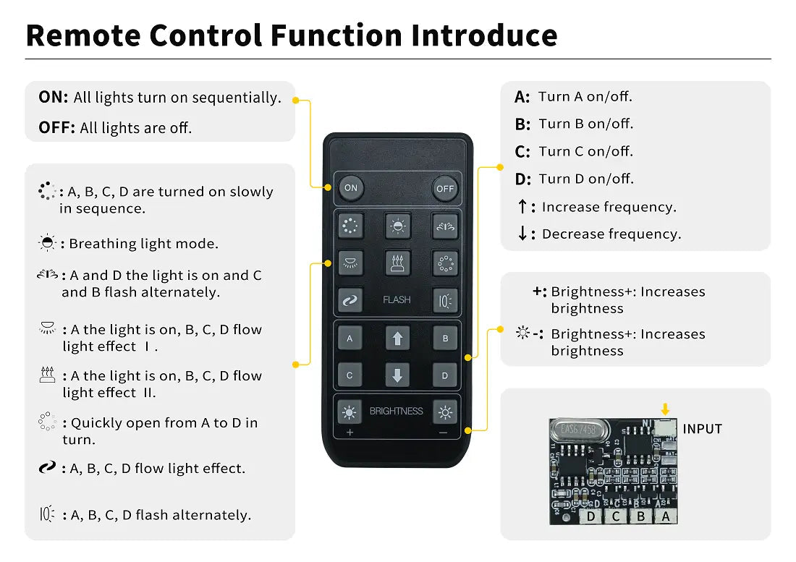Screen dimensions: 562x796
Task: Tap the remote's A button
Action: tap(350, 338)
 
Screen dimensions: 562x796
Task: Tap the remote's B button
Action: tap(445, 338)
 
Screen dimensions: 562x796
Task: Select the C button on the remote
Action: tap(350, 375)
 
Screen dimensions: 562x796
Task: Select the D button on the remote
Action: tap(445, 375)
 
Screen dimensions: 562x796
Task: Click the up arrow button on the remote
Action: tap(397, 338)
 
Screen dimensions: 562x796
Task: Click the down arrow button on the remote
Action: tap(397, 375)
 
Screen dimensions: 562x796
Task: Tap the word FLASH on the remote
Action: tap(397, 299)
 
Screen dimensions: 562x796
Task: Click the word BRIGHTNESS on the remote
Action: tap(396, 411)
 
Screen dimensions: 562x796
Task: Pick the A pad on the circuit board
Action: tap(666, 516)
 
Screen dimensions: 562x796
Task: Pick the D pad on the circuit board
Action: tap(591, 516)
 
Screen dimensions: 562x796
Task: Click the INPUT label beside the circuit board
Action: tap(702, 429)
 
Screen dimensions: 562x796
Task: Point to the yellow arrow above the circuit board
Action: tap(666, 410)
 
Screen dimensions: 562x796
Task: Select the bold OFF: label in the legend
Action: tap(56, 128)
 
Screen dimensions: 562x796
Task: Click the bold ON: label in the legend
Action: tap(54, 98)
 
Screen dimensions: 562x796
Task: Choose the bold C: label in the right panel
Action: tap(522, 152)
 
